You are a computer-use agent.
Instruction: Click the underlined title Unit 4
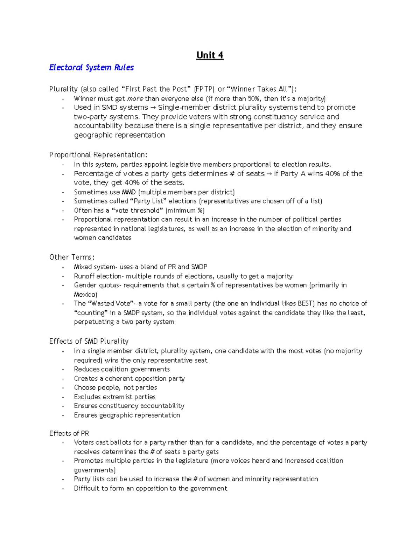210,55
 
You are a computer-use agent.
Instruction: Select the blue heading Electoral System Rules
91,68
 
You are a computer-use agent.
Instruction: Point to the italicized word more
135,99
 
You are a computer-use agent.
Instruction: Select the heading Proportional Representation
98,155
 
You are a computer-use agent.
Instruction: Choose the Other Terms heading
72,257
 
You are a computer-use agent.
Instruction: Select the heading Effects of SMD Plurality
89,342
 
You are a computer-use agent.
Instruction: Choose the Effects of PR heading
69,434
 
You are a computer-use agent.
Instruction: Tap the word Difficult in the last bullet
86,489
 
